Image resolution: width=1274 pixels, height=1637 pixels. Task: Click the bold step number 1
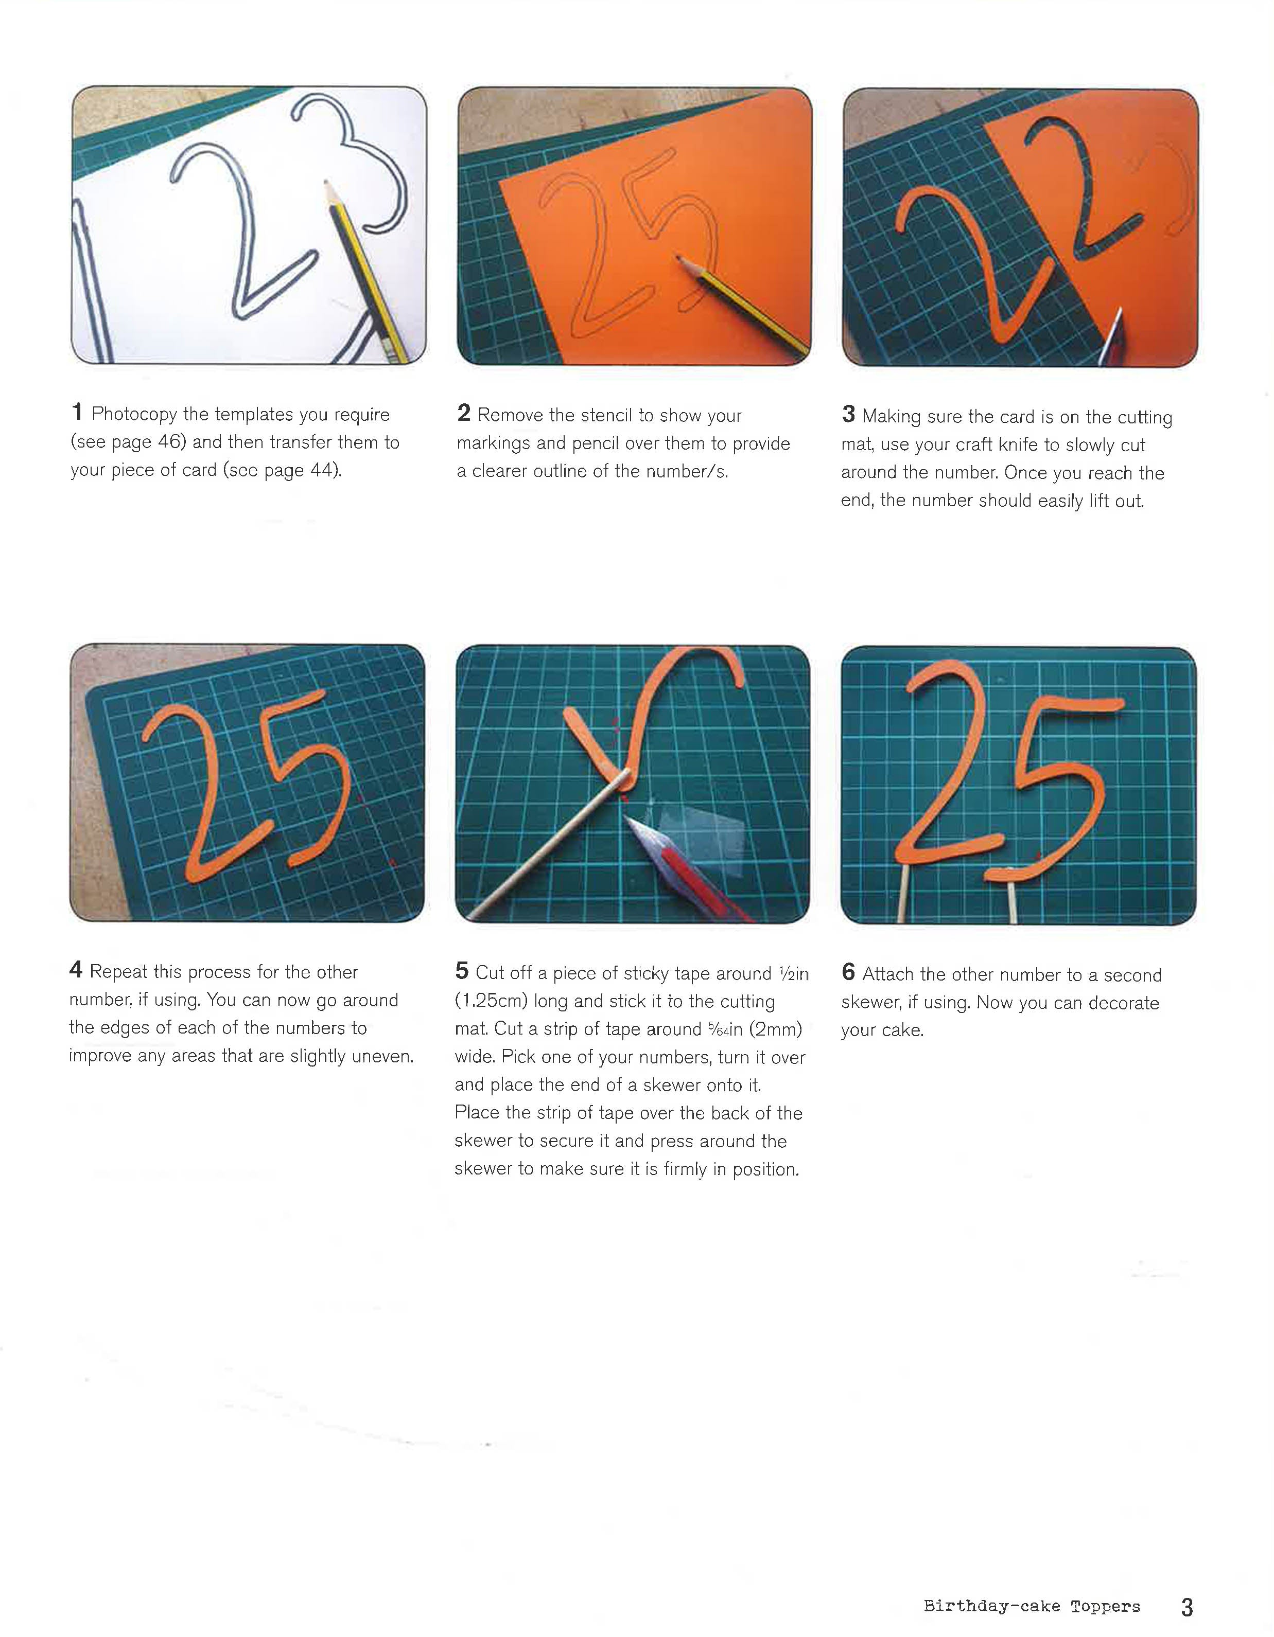[x=77, y=412]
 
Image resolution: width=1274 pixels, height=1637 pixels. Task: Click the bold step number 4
[x=76, y=970]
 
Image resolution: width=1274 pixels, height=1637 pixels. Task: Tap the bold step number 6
[x=848, y=972]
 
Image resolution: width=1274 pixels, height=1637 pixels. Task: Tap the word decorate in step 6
[x=1123, y=1002]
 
